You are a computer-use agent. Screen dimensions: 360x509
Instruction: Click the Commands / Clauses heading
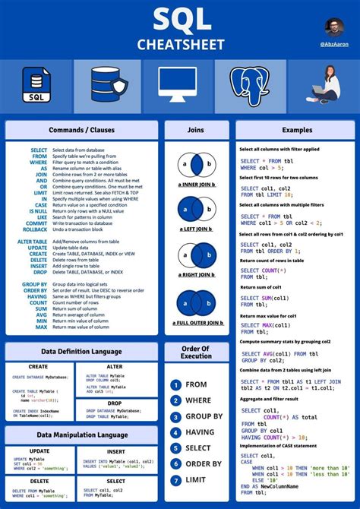pos(81,130)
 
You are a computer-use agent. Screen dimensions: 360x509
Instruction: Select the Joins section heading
pos(197,130)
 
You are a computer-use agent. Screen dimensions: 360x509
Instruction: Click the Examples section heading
pos(297,130)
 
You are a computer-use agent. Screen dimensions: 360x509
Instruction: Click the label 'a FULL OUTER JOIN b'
pos(197,323)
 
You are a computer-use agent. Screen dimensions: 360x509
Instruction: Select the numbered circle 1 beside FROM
pos(176,385)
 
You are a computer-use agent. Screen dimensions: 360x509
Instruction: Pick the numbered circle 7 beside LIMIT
pos(176,480)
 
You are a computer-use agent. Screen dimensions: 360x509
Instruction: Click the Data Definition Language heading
pos(81,352)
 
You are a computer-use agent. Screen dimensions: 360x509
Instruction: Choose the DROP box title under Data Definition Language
pos(115,403)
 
